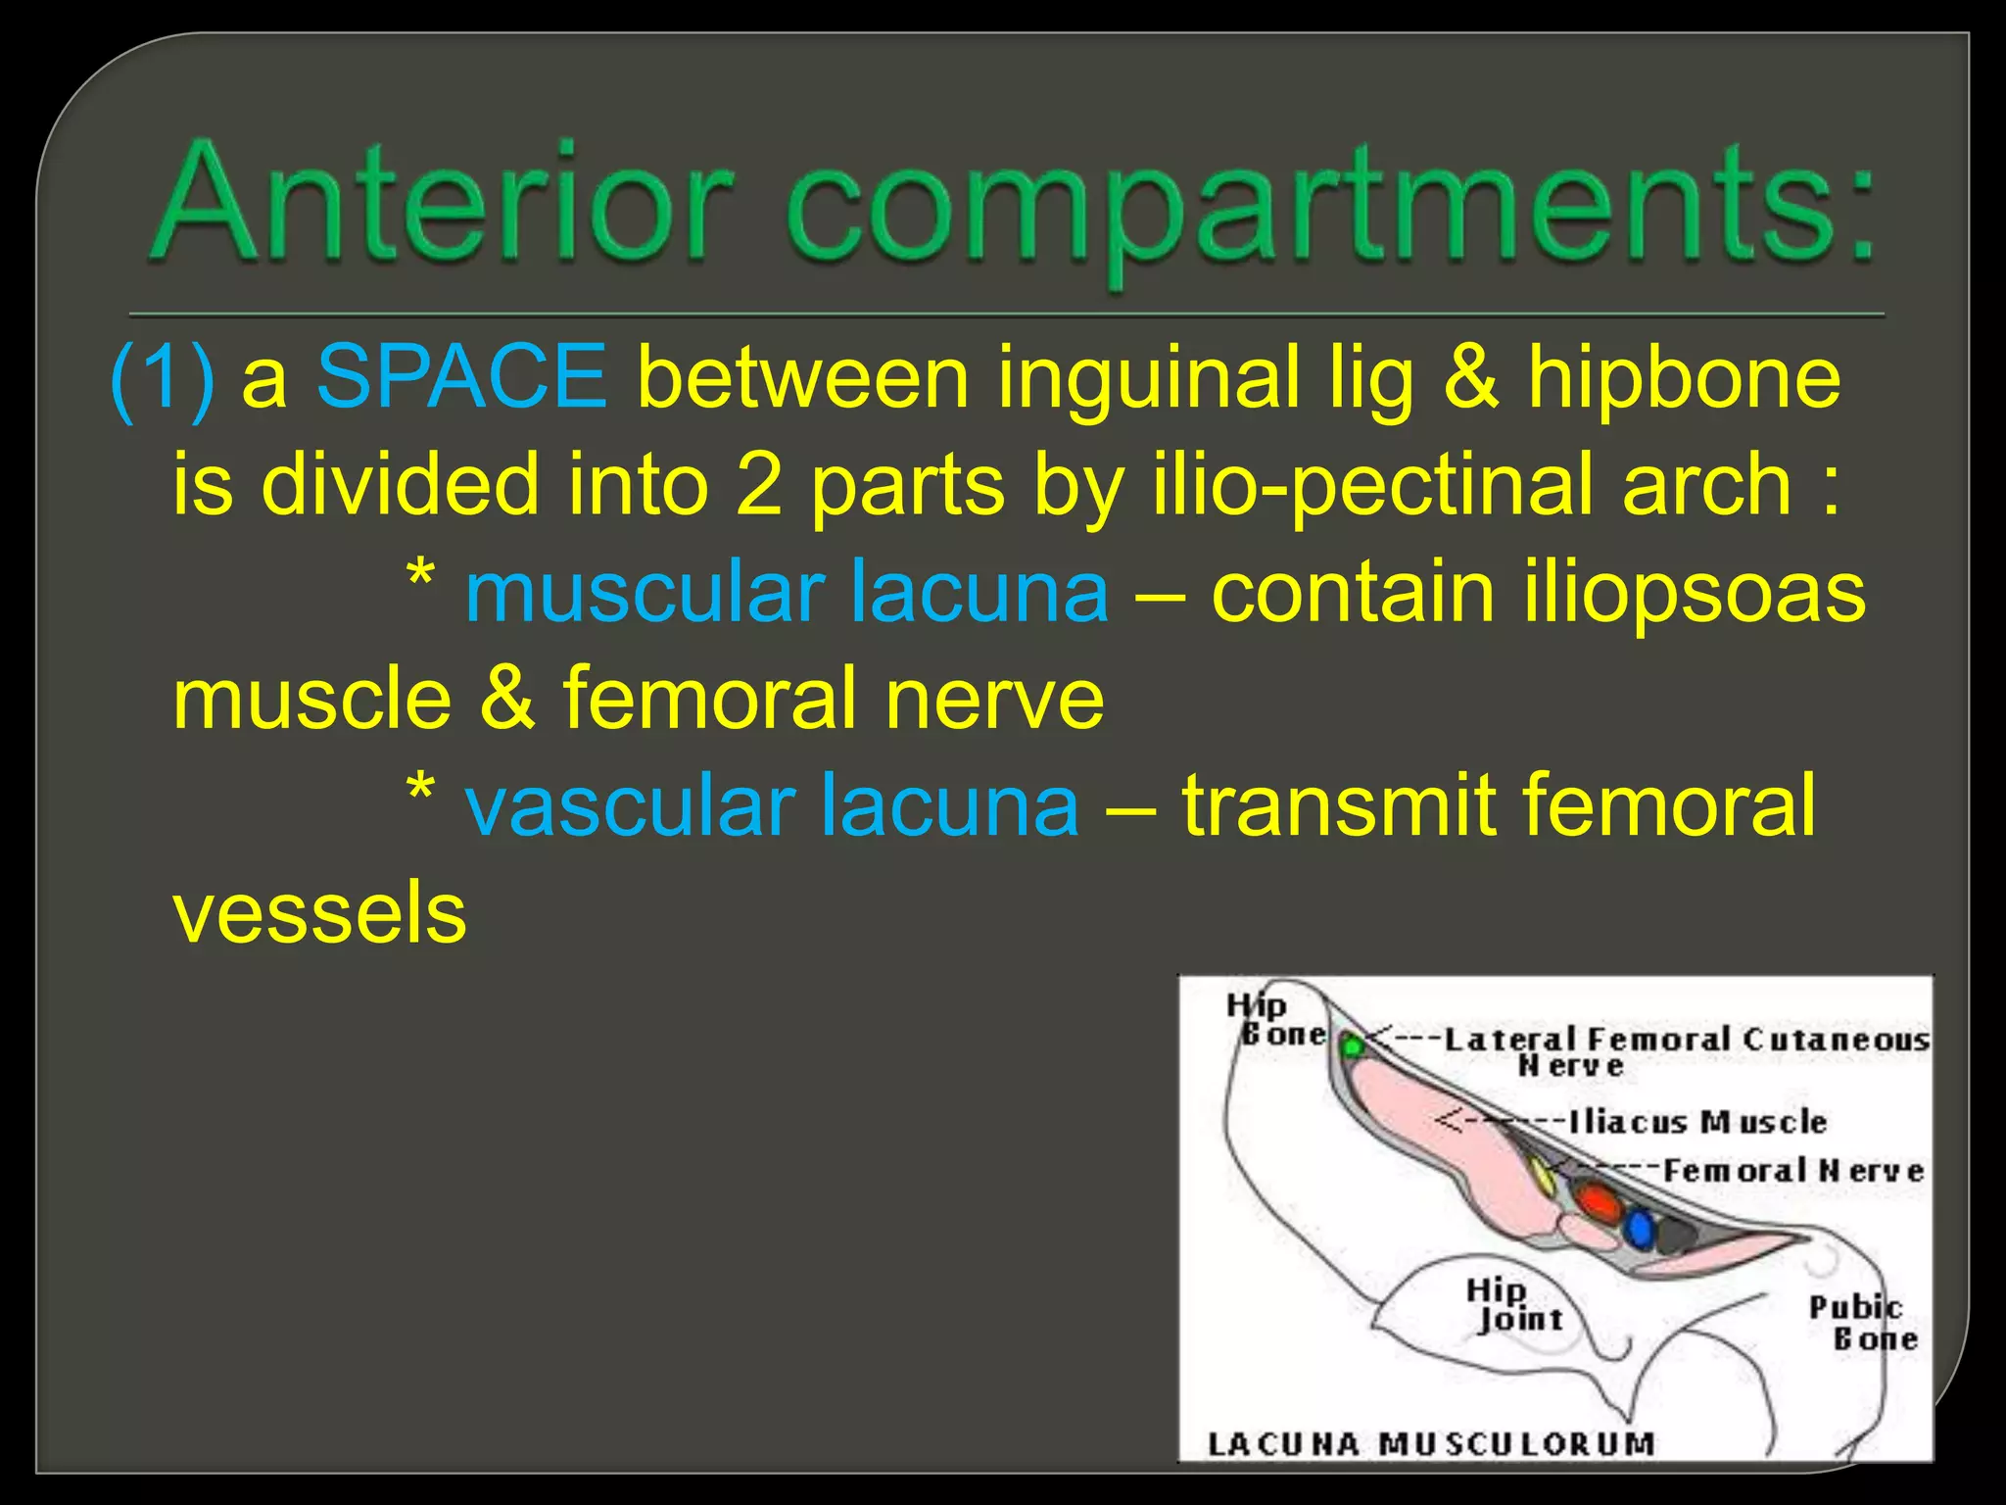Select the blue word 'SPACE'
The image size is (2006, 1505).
pyautogui.click(x=461, y=376)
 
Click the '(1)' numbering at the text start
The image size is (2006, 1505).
pyautogui.click(x=163, y=380)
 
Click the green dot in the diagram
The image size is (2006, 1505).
pyautogui.click(x=1352, y=1046)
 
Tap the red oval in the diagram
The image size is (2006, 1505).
pyautogui.click(x=1599, y=1201)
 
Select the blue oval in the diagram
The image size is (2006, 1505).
pyautogui.click(x=1639, y=1229)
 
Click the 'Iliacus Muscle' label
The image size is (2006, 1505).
pyautogui.click(x=1697, y=1122)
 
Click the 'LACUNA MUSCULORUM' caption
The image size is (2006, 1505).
pyautogui.click(x=1430, y=1444)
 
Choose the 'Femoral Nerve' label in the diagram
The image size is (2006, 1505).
pyautogui.click(x=1792, y=1171)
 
